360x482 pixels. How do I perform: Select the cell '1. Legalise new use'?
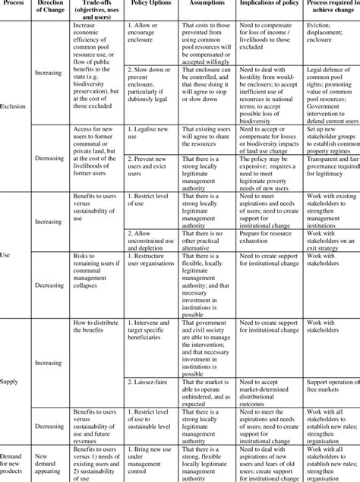pos(150,133)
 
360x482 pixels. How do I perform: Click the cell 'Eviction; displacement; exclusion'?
pos(330,34)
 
